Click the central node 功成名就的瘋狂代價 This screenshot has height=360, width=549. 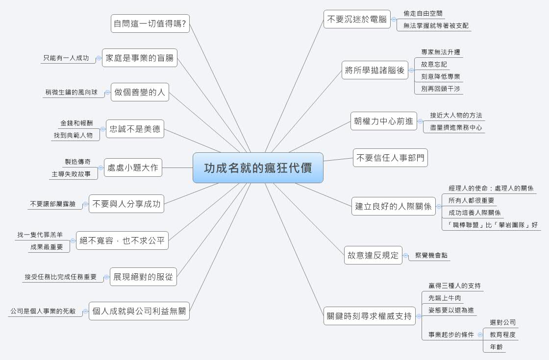point(258,168)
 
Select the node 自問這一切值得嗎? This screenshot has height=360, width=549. point(150,23)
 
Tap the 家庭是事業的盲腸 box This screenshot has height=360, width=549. point(140,58)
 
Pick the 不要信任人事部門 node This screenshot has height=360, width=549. point(391,158)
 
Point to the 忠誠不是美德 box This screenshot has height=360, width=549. point(135,129)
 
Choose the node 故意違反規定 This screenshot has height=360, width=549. point(373,255)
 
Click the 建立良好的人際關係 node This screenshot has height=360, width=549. point(394,206)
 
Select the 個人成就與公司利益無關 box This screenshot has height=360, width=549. point(139,311)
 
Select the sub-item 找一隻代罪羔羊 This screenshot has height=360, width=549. point(40,235)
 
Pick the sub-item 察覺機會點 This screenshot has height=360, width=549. point(431,255)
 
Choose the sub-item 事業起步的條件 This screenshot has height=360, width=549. point(451,335)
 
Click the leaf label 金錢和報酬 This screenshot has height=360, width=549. point(76,123)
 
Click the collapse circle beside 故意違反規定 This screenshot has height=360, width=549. point(406,255)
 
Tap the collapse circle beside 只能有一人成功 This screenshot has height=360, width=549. point(99,58)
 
